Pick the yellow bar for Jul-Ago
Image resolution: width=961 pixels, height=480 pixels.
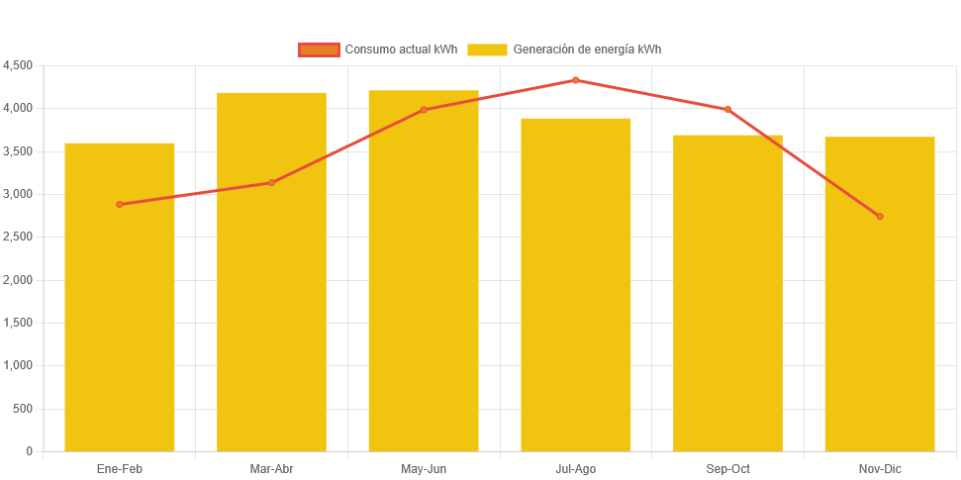click(576, 287)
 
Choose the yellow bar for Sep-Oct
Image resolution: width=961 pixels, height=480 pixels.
click(727, 297)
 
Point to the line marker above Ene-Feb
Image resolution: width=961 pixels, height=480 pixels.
click(120, 204)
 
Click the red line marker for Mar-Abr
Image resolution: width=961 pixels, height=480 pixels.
click(271, 182)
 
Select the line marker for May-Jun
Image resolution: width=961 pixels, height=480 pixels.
click(424, 110)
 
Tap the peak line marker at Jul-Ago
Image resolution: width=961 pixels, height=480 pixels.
click(576, 80)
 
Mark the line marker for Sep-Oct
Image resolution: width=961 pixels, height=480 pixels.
click(727, 109)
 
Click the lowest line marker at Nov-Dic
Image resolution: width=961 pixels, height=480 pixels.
click(880, 216)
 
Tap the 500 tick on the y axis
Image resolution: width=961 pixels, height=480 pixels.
click(23, 409)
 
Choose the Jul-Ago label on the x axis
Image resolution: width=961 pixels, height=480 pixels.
click(576, 468)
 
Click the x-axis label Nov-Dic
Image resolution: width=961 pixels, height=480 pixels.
click(880, 468)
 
